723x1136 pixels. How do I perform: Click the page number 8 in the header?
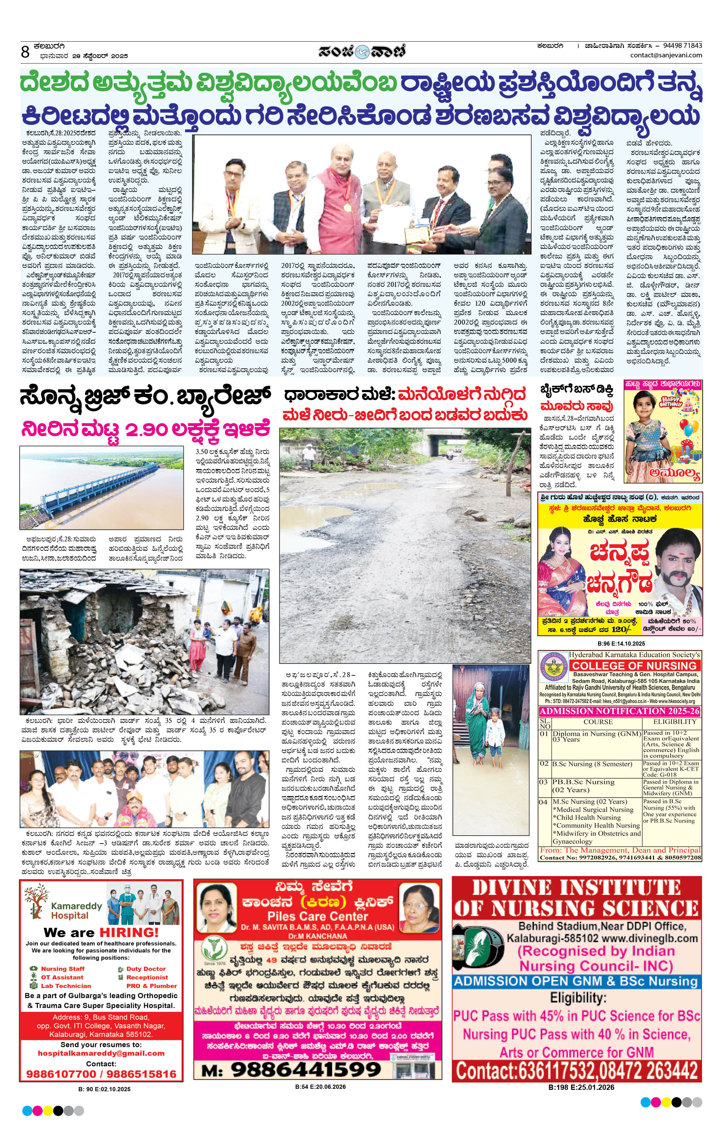(26, 51)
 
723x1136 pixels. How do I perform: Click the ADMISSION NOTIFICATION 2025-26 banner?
(620, 711)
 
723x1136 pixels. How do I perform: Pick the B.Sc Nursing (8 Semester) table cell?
(592, 764)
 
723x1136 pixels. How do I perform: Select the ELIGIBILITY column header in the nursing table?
(674, 722)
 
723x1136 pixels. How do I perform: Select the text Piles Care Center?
(318, 917)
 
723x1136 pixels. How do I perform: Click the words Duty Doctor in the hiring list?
(146, 968)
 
